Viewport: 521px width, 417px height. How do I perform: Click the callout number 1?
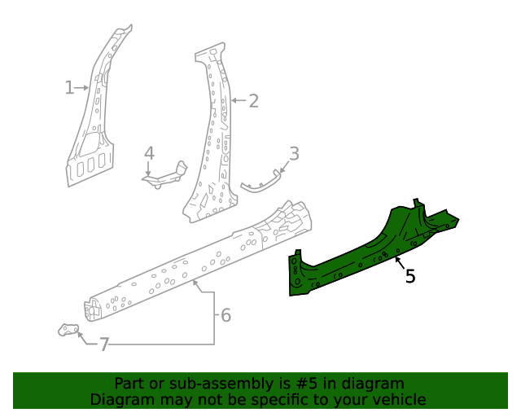(70, 87)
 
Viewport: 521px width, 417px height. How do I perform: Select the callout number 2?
(253, 101)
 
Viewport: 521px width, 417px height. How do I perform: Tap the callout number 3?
(294, 153)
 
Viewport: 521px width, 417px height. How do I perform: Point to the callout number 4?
(149, 153)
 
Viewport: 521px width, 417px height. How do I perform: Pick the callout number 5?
(410, 276)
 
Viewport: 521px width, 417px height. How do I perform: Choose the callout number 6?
(225, 314)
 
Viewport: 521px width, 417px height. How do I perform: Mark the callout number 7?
(103, 345)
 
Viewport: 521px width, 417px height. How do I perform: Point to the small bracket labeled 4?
(167, 176)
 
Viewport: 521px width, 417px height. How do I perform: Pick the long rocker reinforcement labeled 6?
(195, 261)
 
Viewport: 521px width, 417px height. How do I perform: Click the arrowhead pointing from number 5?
(396, 258)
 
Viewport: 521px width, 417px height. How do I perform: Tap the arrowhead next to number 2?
(233, 101)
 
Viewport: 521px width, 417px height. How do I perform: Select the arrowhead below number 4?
(148, 171)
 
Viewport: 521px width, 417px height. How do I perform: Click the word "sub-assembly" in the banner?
(195, 384)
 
